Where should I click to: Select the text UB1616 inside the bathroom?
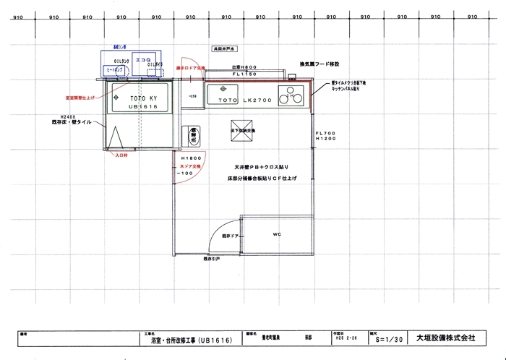coord(142,106)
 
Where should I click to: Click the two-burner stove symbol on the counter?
coord(291,95)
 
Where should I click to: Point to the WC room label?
coord(277,234)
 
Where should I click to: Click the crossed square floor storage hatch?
coord(239,126)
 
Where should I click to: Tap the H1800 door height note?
coord(191,158)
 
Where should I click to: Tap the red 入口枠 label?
coord(121,154)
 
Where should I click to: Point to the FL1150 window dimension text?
coord(244,74)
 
